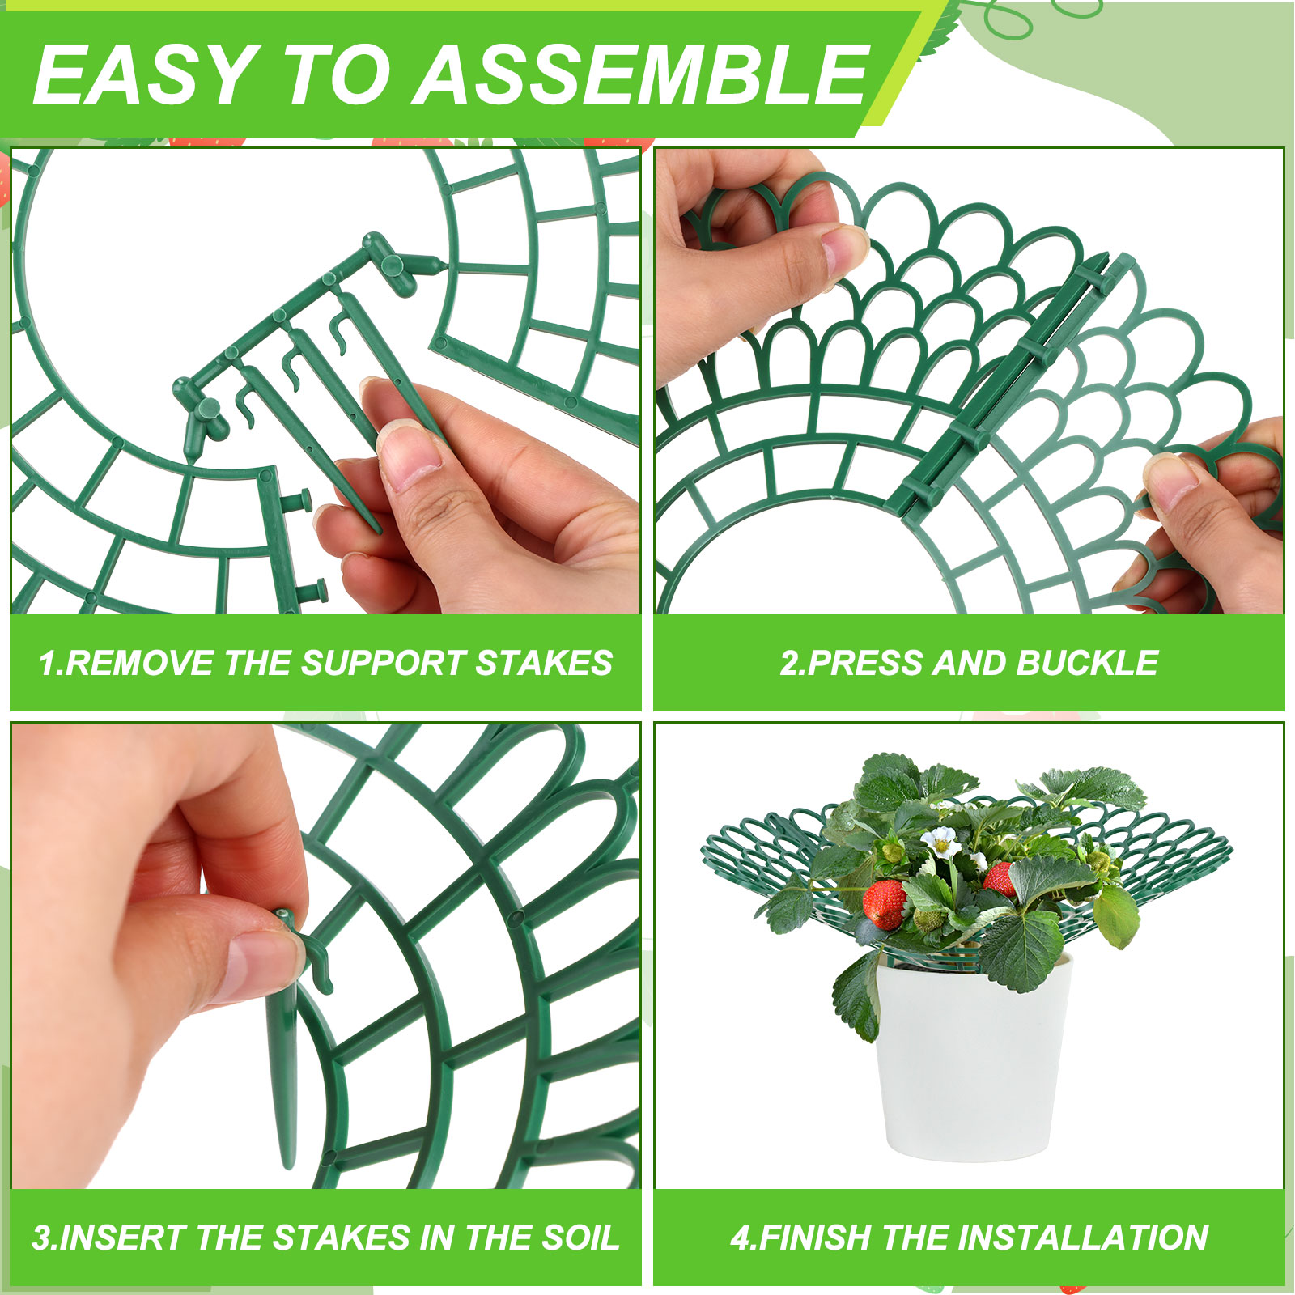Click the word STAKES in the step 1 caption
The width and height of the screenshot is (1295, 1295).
pos(543,663)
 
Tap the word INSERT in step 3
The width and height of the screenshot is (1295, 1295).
pos(125,1238)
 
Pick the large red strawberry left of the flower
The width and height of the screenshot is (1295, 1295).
pos(884,903)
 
